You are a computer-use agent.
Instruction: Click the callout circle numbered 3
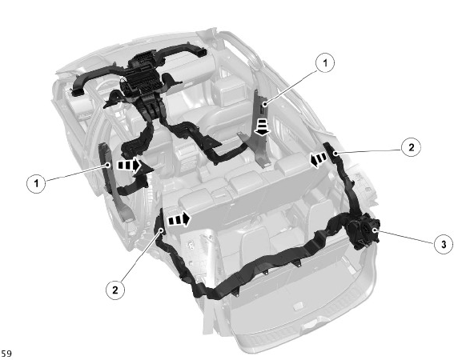pos(444,244)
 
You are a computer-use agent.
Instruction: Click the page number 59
pos(6,354)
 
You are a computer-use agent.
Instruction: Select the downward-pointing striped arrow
pos(262,127)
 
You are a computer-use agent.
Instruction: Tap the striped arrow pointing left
pos(319,160)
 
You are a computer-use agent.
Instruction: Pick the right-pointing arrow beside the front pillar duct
pos(130,165)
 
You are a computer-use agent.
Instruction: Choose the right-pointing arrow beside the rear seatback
pos(179,219)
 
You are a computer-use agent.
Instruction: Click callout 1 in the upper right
pos(325,62)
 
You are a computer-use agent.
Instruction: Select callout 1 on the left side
pos(36,183)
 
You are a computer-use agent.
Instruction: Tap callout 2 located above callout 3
pos(411,147)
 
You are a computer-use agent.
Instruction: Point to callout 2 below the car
pos(115,290)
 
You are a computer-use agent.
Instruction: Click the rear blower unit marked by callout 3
pos(363,230)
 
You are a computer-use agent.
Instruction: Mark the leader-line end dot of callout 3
pos(375,230)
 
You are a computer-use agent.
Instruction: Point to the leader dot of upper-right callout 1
pos(265,104)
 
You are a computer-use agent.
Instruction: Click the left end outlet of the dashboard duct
pos(77,92)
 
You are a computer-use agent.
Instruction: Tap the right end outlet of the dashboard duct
pos(202,51)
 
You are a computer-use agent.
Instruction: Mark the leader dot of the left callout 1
pos(108,165)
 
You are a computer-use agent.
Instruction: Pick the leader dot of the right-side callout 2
pos(336,153)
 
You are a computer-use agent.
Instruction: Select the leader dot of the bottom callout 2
pos(161,230)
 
